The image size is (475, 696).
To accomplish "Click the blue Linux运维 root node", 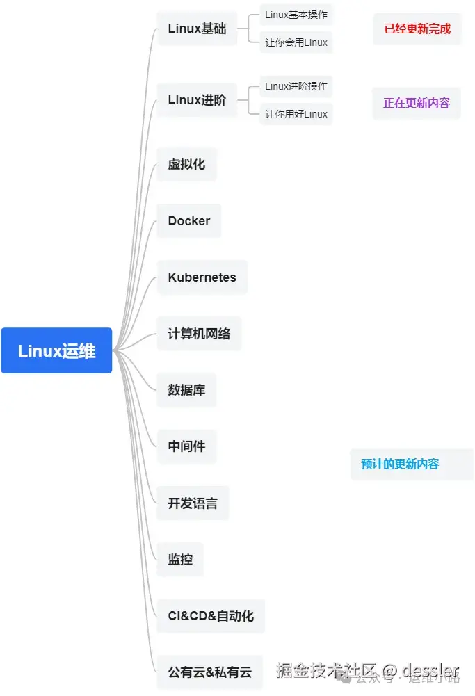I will [x=56, y=350].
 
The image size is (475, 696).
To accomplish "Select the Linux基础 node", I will [x=197, y=29].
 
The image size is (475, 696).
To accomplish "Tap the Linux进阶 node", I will [x=197, y=100].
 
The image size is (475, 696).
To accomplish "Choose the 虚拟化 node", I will [x=186, y=165].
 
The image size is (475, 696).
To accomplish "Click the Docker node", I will [x=188, y=221].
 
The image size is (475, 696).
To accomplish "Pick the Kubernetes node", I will [x=202, y=277].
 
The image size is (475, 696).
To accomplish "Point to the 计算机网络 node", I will [x=199, y=334].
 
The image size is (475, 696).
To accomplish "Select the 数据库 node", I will [x=186, y=390].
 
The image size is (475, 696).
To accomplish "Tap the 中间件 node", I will [x=186, y=446].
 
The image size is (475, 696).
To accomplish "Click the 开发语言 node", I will [x=193, y=503].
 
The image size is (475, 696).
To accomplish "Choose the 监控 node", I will [x=180, y=559].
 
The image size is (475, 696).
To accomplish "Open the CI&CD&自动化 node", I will [x=211, y=616].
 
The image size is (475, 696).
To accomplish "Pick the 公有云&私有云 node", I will [x=209, y=672].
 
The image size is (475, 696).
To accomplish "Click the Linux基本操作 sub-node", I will [x=296, y=15].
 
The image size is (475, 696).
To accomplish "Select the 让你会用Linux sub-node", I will [x=296, y=42].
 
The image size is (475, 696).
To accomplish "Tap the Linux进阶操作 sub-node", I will [x=296, y=87].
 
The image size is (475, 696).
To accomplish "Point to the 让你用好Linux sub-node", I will [x=296, y=114].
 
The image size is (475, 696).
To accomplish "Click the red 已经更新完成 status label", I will [x=417, y=29].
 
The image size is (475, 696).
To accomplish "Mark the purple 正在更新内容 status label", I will [x=417, y=103].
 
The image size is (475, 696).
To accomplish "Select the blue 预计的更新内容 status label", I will [x=400, y=464].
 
